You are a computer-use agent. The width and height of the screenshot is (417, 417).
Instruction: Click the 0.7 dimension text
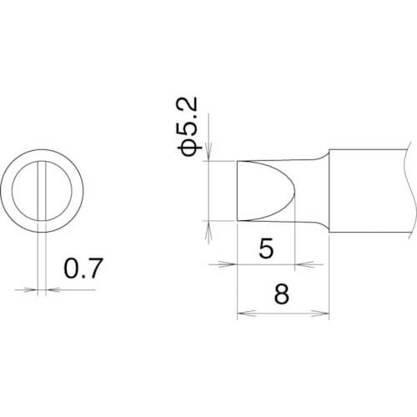pos(83,269)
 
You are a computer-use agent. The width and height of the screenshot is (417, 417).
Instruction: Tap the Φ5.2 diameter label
pos(188,127)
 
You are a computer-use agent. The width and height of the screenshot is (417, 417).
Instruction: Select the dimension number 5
pos(266,249)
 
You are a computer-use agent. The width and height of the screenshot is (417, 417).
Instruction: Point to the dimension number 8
pos(282,294)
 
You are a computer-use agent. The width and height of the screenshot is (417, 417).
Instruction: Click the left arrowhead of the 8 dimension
pos(246,314)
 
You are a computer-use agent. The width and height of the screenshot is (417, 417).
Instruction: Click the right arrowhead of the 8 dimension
pos(320,314)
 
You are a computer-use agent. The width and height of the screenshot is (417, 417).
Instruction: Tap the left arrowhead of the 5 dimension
pos(228,264)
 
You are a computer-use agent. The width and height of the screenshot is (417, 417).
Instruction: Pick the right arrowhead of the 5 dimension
pos(304,264)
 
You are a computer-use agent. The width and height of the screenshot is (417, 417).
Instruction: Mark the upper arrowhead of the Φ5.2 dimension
pos(208,152)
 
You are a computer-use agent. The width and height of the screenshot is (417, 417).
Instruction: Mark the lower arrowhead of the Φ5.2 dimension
pos(208,230)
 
